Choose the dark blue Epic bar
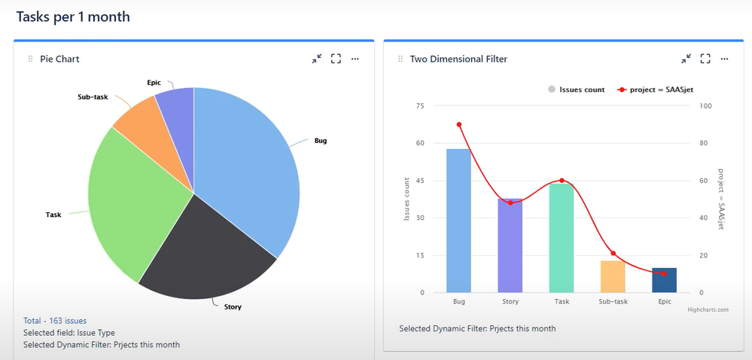pyautogui.click(x=664, y=280)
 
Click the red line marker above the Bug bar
pyautogui.click(x=458, y=125)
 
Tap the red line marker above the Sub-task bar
pyautogui.click(x=613, y=254)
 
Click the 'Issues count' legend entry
pyautogui.click(x=577, y=90)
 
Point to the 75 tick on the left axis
pyautogui.click(x=419, y=106)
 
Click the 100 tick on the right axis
pyautogui.click(x=705, y=106)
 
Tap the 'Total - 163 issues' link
pyautogui.click(x=55, y=321)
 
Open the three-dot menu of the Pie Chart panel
pyautogui.click(x=355, y=59)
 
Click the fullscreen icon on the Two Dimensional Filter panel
pyautogui.click(x=705, y=59)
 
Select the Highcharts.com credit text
pyautogui.click(x=708, y=310)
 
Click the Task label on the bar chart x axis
pyautogui.click(x=561, y=302)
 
